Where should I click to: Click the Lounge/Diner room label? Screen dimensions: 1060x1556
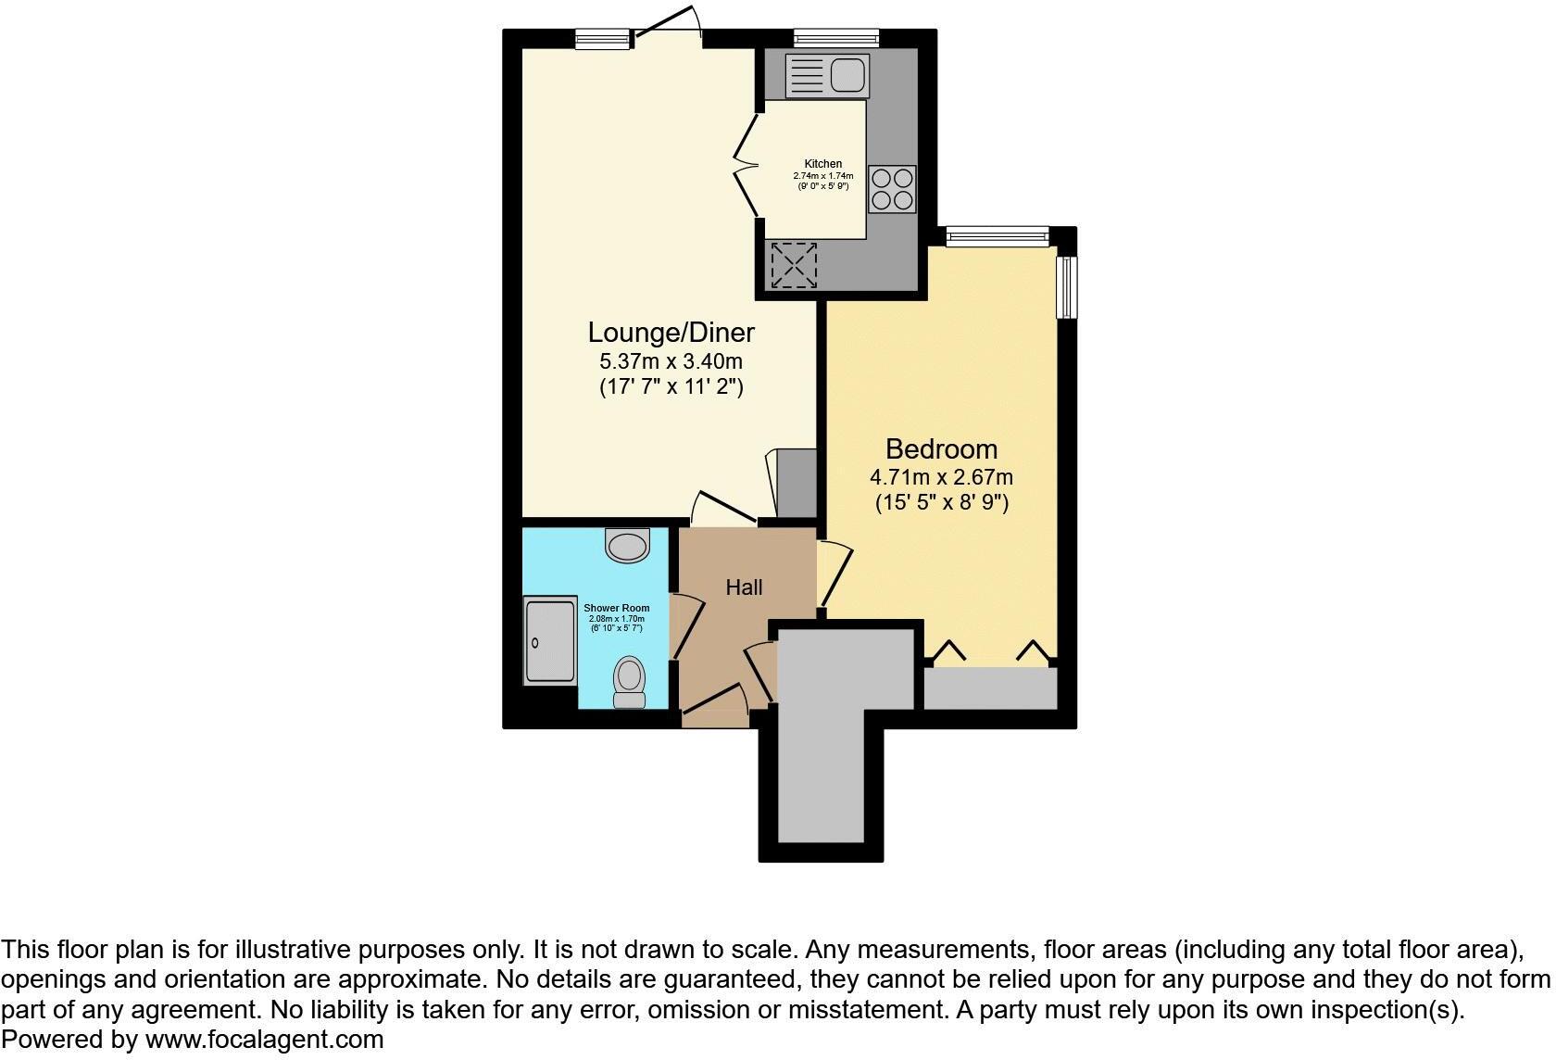tap(671, 332)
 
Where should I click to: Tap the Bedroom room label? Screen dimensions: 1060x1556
tap(941, 449)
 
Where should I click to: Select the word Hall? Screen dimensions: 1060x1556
tap(744, 587)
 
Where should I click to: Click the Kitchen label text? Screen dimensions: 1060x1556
tap(822, 164)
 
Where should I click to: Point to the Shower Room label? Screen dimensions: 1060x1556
tap(616, 609)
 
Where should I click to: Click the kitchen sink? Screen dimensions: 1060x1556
tap(828, 76)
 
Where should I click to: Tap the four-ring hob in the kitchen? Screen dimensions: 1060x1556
tap(892, 188)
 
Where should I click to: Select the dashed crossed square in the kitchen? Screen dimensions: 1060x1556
tap(794, 264)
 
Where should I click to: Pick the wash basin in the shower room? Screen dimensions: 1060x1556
tap(628, 544)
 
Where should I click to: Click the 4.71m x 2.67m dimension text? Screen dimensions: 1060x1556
tap(941, 478)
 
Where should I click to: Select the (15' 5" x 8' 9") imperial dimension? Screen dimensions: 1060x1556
tap(941, 503)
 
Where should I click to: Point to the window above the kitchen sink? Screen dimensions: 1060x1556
tap(835, 37)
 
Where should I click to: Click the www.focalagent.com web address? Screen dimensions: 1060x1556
tap(264, 1040)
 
